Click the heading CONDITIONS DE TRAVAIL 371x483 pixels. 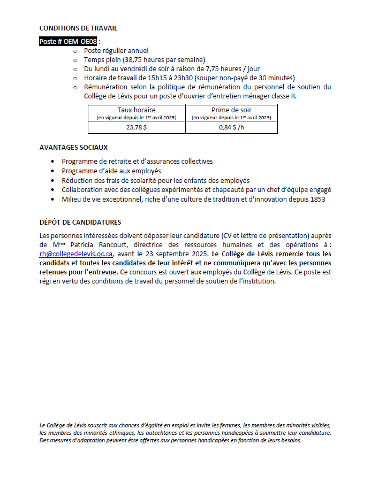tap(78, 28)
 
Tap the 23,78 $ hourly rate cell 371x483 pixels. tap(137, 128)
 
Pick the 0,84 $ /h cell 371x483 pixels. tap(231, 128)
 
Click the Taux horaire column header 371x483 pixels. tap(137, 110)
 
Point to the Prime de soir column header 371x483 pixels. tap(231, 110)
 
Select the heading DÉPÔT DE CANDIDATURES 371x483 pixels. tap(80, 222)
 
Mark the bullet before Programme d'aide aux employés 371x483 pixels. tap(52, 171)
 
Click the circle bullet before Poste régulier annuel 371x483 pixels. tap(75, 51)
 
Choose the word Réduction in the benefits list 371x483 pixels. tap(78, 180)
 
